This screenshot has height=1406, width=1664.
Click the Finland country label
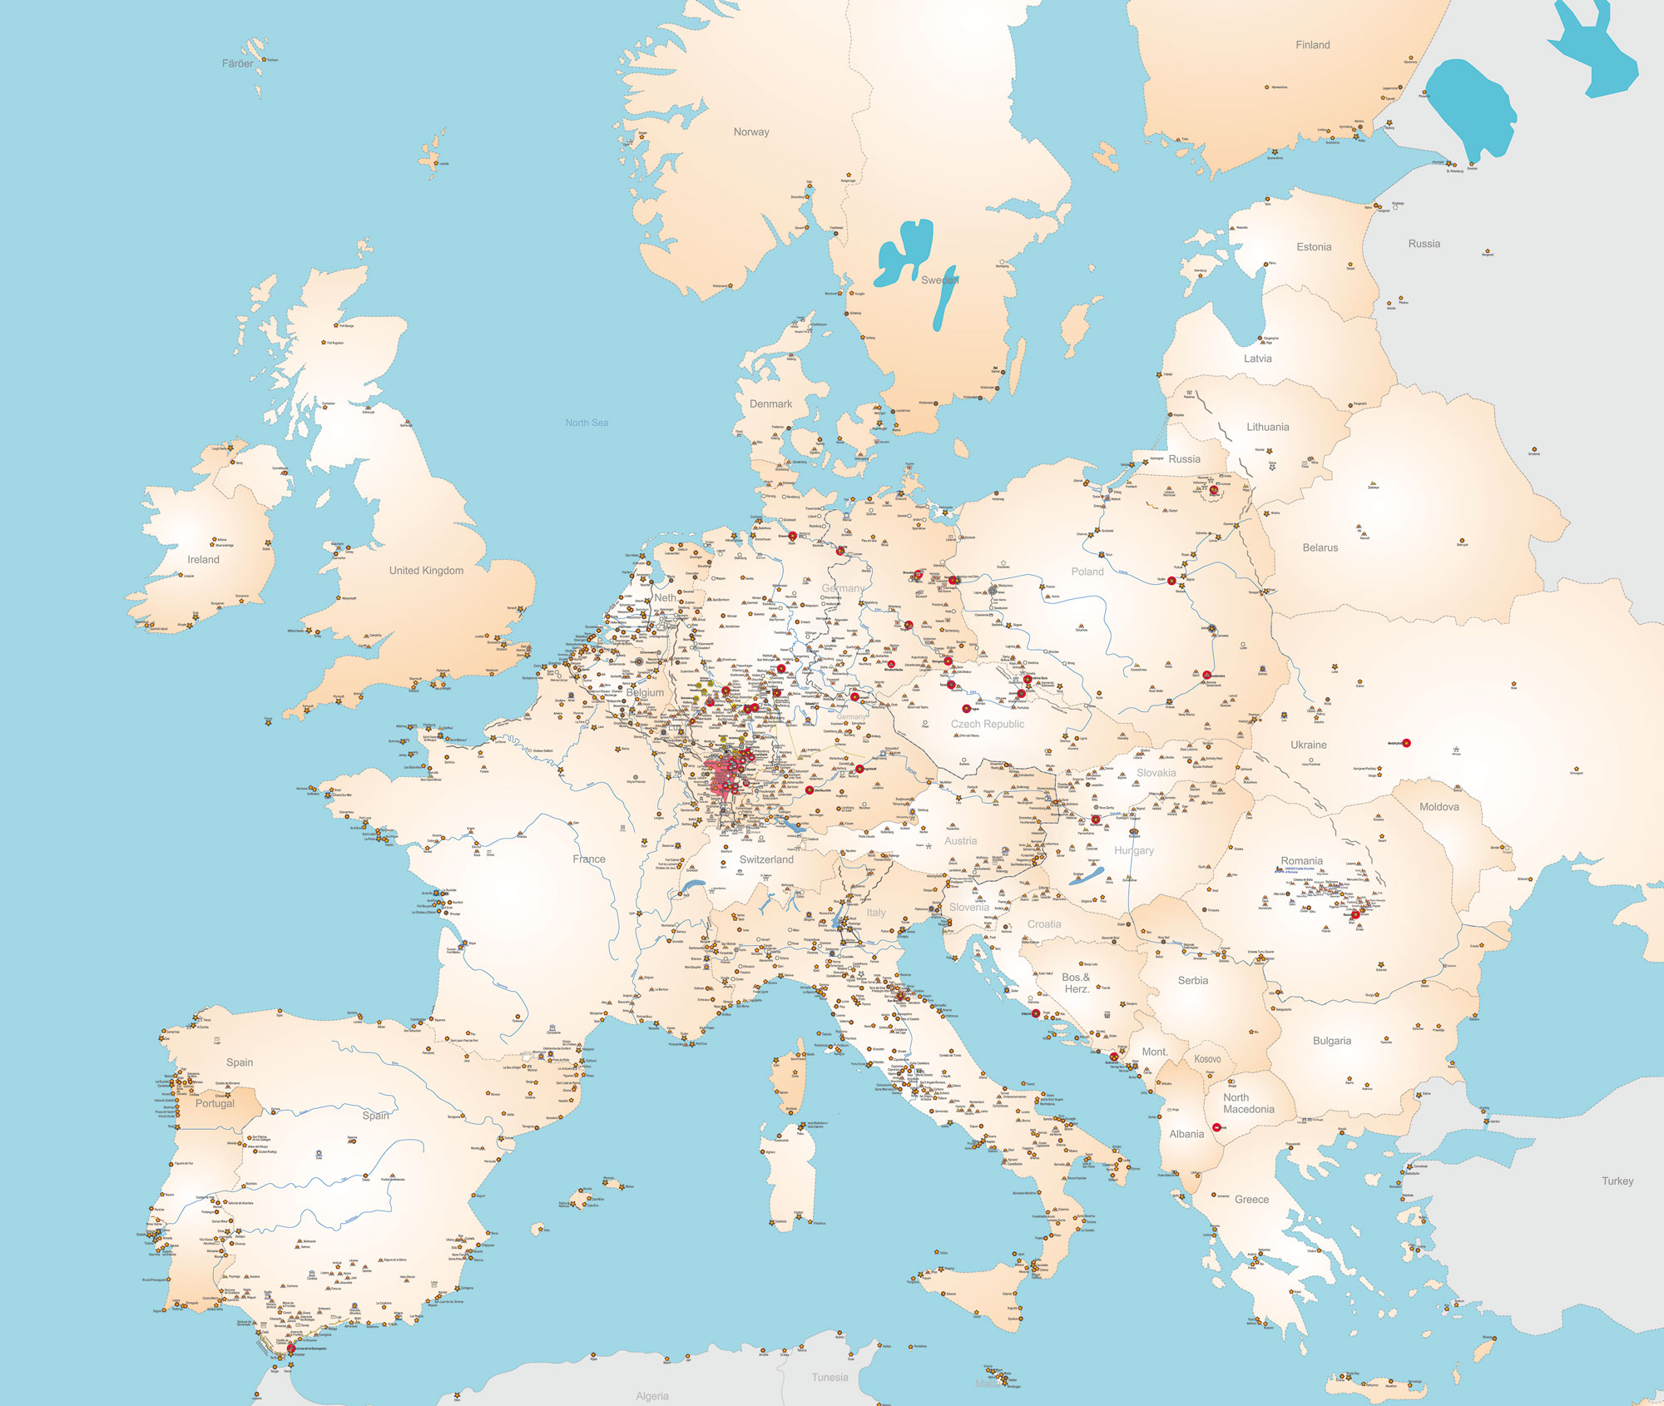pos(1312,45)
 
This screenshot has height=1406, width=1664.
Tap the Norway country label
pos(750,131)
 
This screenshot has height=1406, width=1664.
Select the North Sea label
pos(587,423)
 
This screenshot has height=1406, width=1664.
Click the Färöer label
pos(237,63)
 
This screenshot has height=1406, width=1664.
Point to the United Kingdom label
pos(426,571)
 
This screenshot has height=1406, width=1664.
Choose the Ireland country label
pos(203,559)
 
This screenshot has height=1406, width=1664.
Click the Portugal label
pos(215,1103)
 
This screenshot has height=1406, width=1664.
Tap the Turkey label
pos(1617,1181)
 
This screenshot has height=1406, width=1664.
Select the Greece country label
pos(1251,1199)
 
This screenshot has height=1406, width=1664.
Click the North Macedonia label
pos(1248,1103)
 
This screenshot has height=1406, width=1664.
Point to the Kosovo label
pos(1207,1059)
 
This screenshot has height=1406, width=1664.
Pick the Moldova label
pos(1439,807)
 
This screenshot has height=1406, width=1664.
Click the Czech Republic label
pos(988,724)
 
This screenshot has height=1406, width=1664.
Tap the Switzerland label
pos(766,859)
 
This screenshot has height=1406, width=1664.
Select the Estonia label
pos(1313,247)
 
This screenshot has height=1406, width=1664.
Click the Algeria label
pos(651,1396)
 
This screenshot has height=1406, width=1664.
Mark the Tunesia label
pos(830,1377)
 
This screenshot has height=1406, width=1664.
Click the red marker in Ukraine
pos(1406,743)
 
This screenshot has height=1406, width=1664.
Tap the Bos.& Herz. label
pos(1076,983)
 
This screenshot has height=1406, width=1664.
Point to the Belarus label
pos(1320,547)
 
